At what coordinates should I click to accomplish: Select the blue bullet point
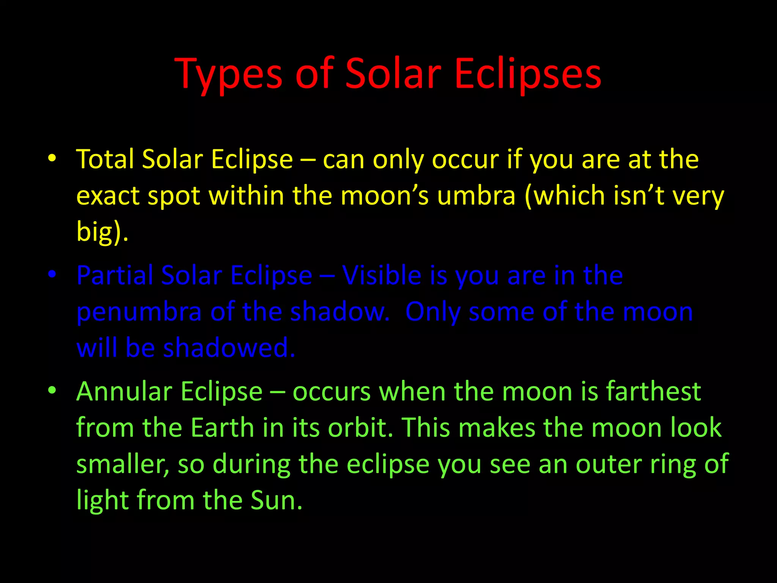[x=52, y=274]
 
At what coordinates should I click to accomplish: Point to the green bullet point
[x=52, y=390]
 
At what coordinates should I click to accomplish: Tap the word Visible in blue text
[x=381, y=275]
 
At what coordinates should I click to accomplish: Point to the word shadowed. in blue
[x=229, y=348]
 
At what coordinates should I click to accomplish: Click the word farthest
[x=653, y=392]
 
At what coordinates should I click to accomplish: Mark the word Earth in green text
[x=222, y=428]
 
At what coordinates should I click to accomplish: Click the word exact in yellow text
[x=108, y=196]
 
